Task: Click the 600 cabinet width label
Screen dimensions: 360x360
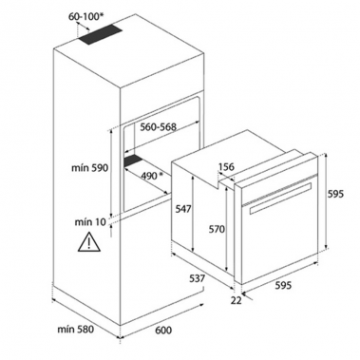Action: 164,331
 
